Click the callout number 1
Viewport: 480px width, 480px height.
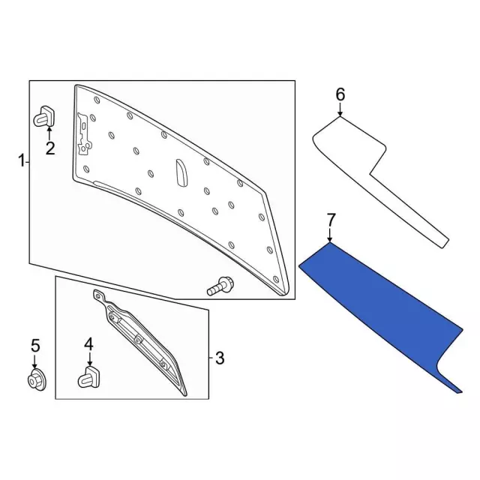click(x=22, y=161)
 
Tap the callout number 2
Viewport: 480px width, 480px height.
click(x=50, y=148)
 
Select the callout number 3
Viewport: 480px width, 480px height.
click(x=220, y=358)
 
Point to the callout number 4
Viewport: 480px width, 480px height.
click(x=88, y=344)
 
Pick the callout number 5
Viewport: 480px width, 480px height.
click(x=35, y=345)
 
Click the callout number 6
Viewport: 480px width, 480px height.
click(x=340, y=94)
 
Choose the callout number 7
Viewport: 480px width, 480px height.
click(x=331, y=220)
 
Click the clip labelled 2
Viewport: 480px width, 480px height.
click(x=44, y=116)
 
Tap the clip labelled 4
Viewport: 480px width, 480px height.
click(x=89, y=376)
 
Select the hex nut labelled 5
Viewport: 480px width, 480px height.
click(x=36, y=380)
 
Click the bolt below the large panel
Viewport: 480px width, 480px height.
click(x=220, y=286)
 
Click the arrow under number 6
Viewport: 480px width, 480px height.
click(x=340, y=109)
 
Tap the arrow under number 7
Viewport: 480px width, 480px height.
click(x=330, y=235)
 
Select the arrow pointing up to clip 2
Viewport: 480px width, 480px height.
click(x=49, y=133)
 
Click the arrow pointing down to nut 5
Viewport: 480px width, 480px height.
click(x=34, y=361)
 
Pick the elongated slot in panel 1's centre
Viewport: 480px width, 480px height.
click(x=181, y=172)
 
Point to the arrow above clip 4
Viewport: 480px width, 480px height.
click(x=89, y=359)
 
